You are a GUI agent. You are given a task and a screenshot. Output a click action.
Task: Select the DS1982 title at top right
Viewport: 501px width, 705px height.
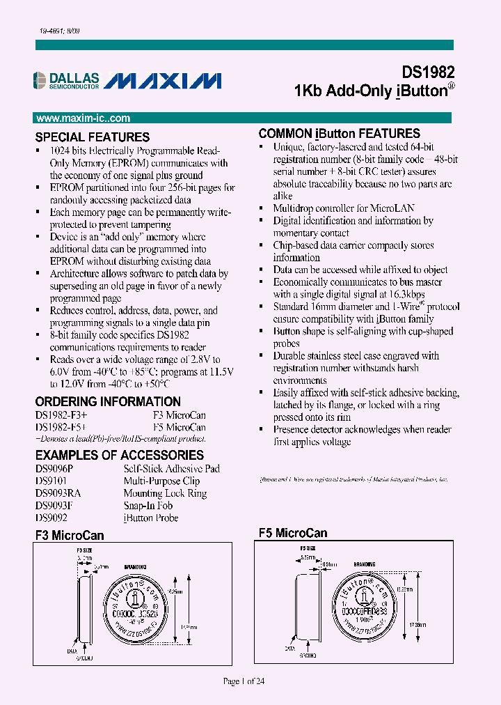click(x=428, y=72)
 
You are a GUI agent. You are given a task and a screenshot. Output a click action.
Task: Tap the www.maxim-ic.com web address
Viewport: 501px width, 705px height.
click(x=83, y=118)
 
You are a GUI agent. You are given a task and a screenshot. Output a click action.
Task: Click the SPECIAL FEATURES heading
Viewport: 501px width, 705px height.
click(x=93, y=137)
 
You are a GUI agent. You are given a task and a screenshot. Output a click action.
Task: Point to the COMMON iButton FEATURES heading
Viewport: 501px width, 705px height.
click(x=339, y=133)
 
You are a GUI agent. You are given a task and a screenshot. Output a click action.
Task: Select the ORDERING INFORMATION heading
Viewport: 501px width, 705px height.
click(x=108, y=401)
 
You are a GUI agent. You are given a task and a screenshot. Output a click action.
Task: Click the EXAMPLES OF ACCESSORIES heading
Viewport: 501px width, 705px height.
click(x=119, y=455)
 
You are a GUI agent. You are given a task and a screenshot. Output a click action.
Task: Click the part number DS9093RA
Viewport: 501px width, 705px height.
click(x=58, y=493)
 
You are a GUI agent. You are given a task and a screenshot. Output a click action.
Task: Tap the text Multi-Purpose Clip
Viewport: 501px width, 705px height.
click(x=161, y=481)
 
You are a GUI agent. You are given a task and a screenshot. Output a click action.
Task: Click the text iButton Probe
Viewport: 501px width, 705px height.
click(x=150, y=518)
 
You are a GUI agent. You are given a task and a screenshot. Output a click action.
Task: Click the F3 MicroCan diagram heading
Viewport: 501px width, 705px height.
click(x=70, y=535)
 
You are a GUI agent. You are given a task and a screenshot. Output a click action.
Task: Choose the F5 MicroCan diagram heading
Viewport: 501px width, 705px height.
click(x=293, y=533)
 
